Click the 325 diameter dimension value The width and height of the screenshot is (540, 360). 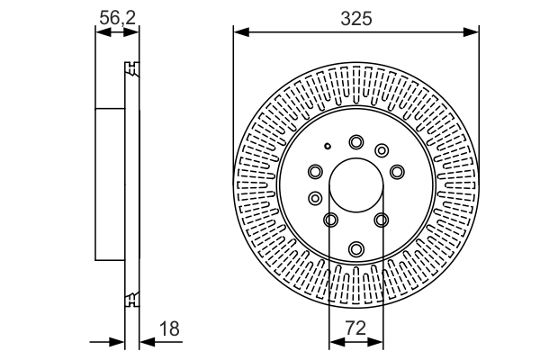pyautogui.click(x=356, y=17)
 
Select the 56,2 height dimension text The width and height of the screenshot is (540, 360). pyautogui.click(x=118, y=17)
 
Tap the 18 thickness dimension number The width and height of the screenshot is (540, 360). pyautogui.click(x=168, y=329)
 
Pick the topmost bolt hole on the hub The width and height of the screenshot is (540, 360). pyautogui.click(x=356, y=141)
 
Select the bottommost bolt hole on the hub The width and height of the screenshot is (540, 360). pyautogui.click(x=356, y=248)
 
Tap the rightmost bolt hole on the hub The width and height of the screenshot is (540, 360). pyautogui.click(x=397, y=170)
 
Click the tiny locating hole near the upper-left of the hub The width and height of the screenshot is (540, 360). pyautogui.click(x=329, y=148)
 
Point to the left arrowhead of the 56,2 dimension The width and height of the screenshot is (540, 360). pyautogui.click(x=102, y=32)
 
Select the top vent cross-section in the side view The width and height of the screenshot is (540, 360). pyautogui.click(x=131, y=68)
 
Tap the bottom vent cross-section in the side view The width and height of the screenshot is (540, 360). pyautogui.click(x=131, y=298)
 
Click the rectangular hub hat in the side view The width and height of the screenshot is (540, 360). pyautogui.click(x=109, y=184)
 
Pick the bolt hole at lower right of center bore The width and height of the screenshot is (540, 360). pyautogui.click(x=382, y=220)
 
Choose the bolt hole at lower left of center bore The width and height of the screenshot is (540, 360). pyautogui.click(x=330, y=220)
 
